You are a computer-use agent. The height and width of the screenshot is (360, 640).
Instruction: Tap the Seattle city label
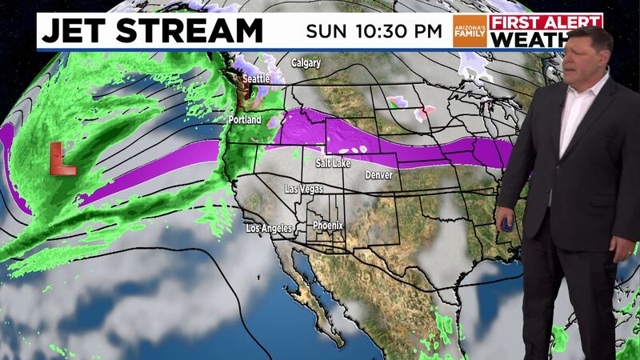click(x=257, y=79)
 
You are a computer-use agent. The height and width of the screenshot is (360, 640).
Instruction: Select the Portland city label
click(x=245, y=120)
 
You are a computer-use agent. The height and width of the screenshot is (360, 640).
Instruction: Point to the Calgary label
click(x=306, y=62)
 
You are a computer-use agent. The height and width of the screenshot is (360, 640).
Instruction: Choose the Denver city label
click(x=378, y=174)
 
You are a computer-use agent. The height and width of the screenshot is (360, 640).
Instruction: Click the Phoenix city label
click(x=328, y=225)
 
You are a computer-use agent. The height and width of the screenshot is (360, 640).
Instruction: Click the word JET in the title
click(x=77, y=31)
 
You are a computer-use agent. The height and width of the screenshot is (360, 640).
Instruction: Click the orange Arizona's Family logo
click(x=470, y=30)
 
